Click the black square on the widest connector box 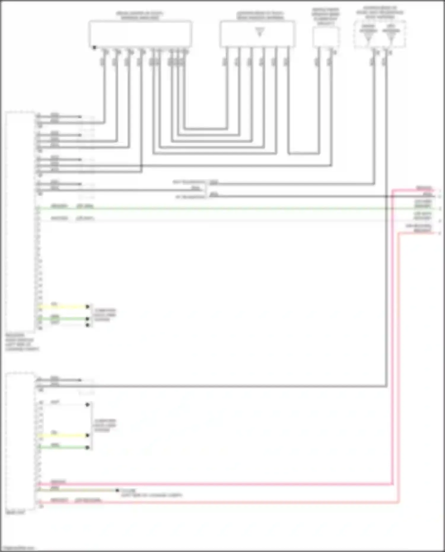coord(94,47)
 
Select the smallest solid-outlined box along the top coord(325,37)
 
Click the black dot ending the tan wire coord(117,490)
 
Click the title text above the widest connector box coord(139,15)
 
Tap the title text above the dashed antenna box coord(380,12)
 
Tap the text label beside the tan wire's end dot coord(151,493)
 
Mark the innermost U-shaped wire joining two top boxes coord(205,129)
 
